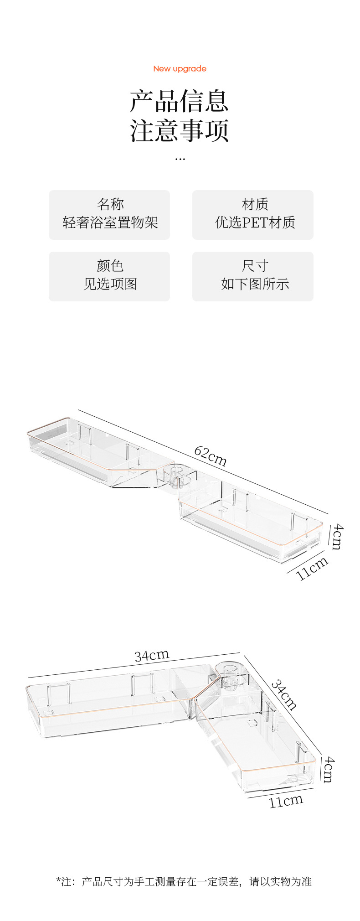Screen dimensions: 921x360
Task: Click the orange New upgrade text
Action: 180,69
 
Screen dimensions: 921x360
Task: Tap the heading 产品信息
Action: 179,101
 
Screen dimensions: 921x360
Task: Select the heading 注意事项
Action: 179,130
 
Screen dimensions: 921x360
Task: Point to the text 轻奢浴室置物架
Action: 110,222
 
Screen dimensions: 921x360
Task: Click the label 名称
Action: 110,204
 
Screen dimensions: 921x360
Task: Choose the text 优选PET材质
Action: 255,222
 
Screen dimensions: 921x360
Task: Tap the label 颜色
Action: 110,265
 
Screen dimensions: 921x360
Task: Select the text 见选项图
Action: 110,284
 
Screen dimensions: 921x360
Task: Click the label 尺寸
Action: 255,265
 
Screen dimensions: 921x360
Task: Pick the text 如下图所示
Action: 255,284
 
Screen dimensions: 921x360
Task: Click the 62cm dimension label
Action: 210,456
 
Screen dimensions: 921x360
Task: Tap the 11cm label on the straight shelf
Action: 312,568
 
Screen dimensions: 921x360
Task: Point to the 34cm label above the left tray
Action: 152,656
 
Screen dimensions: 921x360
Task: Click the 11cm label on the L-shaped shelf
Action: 286,801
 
